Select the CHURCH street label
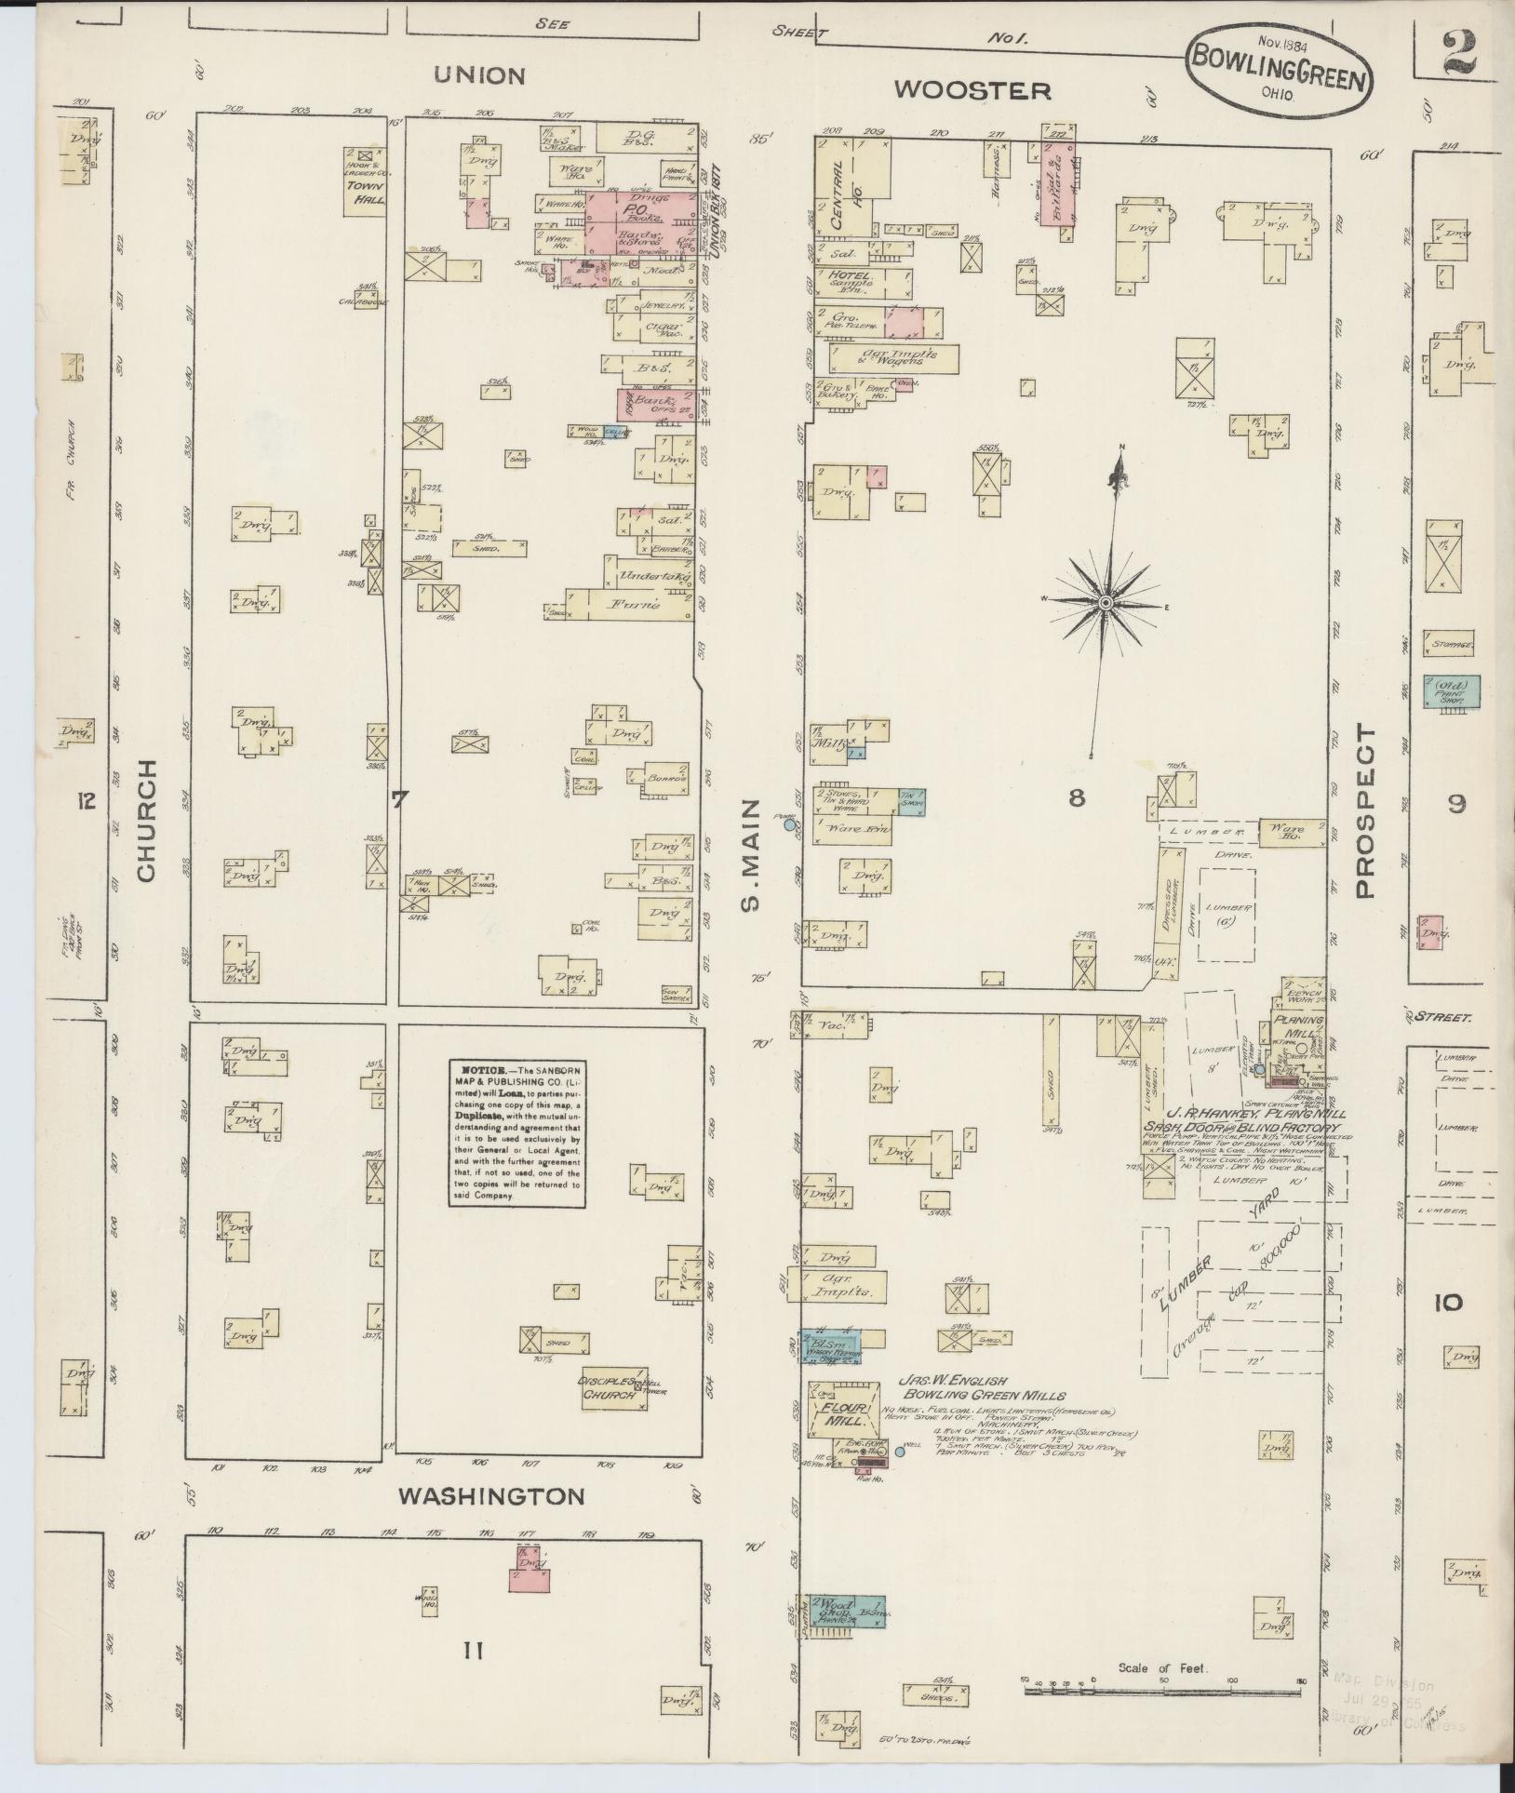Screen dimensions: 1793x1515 pos(147,820)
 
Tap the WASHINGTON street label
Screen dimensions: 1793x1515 pos(491,1496)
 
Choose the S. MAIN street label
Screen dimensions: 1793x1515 pos(753,855)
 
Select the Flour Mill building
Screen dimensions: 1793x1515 pos(843,1419)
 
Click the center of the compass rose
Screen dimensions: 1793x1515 pos(1106,604)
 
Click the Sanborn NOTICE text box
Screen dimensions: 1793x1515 pos(517,1132)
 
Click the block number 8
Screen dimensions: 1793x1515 pos(1077,798)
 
